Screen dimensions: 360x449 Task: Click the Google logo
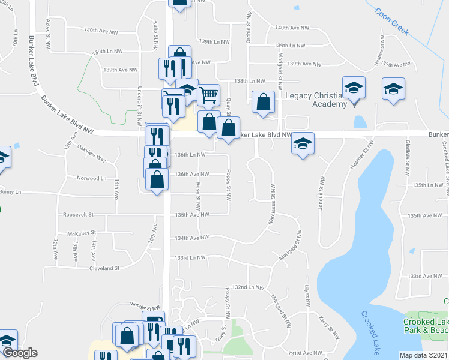[x=19, y=353]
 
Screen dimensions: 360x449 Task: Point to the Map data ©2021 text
[x=424, y=355]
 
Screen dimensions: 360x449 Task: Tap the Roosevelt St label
[x=78, y=214]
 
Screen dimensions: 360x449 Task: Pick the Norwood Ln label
[x=91, y=178]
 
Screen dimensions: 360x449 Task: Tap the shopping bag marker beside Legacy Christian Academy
[x=263, y=102]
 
